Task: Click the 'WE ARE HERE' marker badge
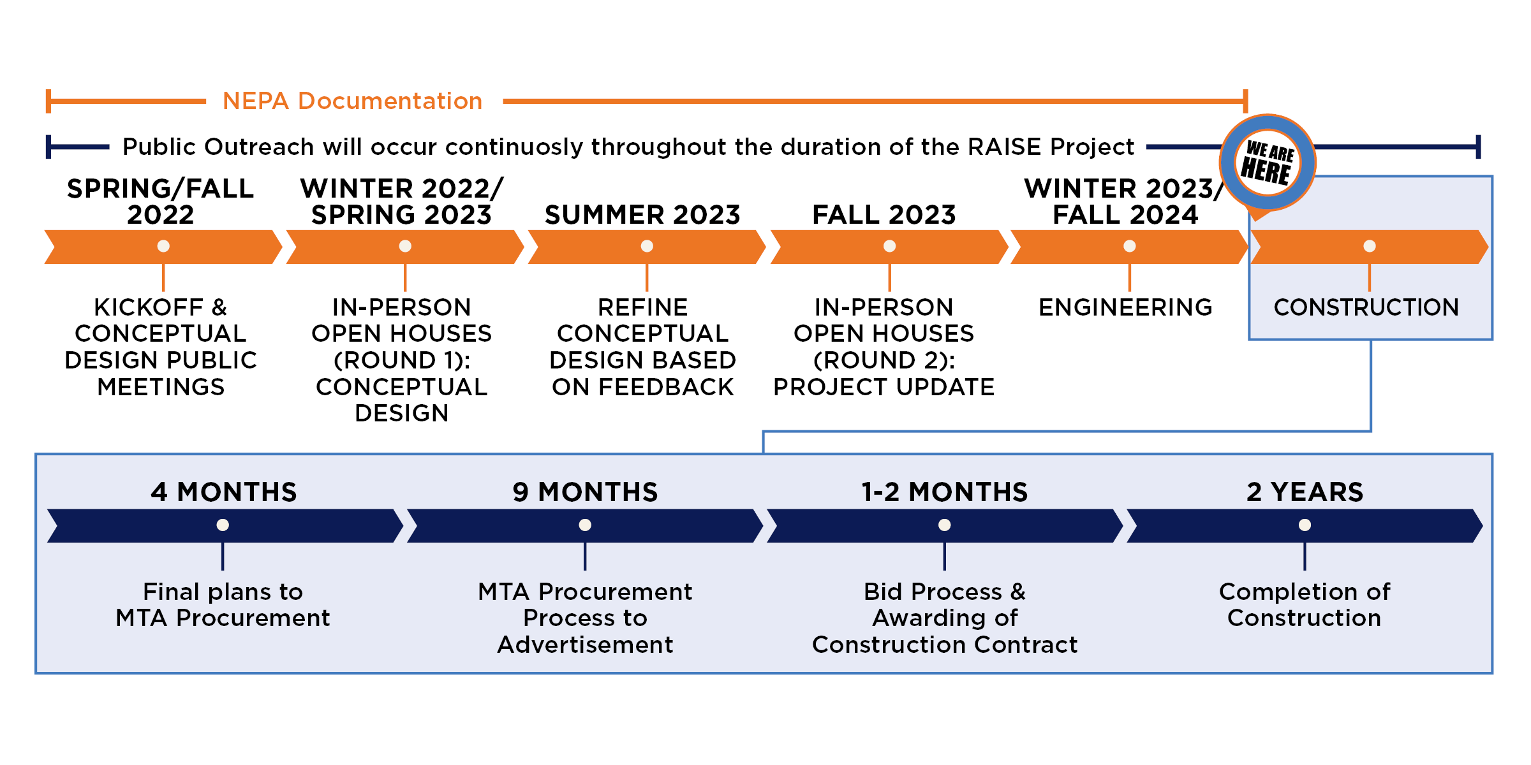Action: tap(1268, 163)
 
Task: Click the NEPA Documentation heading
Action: tap(352, 101)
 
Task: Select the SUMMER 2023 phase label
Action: tap(642, 215)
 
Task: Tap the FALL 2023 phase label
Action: tap(884, 215)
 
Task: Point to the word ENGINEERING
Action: tap(1126, 307)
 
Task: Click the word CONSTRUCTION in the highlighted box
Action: tap(1366, 307)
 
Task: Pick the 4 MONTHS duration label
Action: tap(224, 492)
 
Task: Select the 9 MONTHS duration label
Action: tap(586, 492)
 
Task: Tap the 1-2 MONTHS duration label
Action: tap(945, 492)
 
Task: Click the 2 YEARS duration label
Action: tap(1305, 492)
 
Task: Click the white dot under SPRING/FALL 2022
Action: tap(163, 246)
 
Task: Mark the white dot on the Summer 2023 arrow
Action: tap(647, 246)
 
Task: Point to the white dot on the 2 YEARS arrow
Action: tap(1305, 525)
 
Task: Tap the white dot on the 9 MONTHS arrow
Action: tap(585, 525)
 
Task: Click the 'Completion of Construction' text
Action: tap(1305, 605)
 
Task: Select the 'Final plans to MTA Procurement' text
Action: tap(223, 605)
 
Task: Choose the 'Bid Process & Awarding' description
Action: tap(945, 618)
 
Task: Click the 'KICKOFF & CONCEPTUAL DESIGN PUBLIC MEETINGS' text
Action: tap(161, 347)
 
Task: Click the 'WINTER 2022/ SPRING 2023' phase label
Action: tap(402, 201)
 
